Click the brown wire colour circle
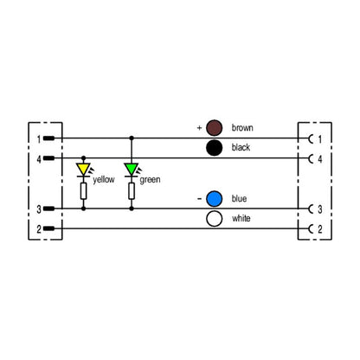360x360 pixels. point(215,128)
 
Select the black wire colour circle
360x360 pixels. point(215,148)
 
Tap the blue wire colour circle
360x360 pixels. point(215,199)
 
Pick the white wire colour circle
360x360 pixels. point(215,219)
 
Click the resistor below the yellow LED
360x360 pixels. point(83,191)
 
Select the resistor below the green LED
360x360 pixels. point(132,191)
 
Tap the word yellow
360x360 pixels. point(104,180)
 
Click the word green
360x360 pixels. point(150,180)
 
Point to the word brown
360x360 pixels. point(242,128)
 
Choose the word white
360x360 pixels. point(241,218)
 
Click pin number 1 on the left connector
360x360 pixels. point(39,139)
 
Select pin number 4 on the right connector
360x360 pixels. point(320,159)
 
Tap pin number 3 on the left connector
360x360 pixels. point(39,209)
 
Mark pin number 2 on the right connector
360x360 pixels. point(320,229)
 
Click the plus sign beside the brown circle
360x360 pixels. point(199,127)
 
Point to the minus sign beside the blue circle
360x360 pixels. point(199,199)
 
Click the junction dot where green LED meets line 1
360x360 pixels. point(132,138)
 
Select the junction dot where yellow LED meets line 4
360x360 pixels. point(83,157)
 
